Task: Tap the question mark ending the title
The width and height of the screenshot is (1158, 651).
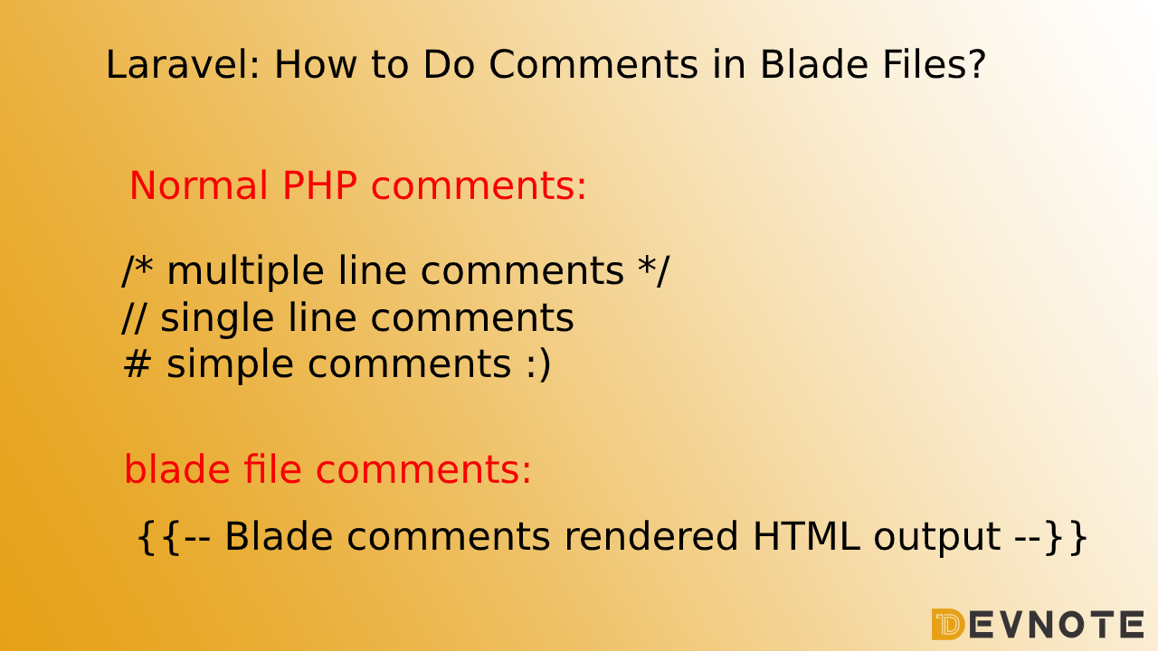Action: pos(976,64)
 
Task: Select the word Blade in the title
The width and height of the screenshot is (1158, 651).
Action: pos(814,64)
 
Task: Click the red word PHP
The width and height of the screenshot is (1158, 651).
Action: pos(320,185)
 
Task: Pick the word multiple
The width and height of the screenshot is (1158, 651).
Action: pos(245,271)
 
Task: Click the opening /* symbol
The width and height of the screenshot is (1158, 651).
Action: pos(138,269)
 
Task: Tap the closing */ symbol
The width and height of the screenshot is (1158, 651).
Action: pos(653,269)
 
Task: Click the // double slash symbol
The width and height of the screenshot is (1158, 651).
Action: pos(134,316)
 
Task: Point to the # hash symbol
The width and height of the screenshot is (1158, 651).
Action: pos(138,363)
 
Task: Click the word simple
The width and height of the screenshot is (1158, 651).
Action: pos(230,365)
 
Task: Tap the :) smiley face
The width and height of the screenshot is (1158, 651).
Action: pos(538,364)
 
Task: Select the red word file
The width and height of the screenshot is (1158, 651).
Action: pos(272,468)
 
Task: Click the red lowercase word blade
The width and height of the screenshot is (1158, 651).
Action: pos(177,468)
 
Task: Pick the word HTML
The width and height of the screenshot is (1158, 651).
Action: pos(806,537)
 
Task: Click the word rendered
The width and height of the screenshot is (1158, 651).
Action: pos(650,536)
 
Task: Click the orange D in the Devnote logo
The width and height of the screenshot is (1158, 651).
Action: pos(947,624)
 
